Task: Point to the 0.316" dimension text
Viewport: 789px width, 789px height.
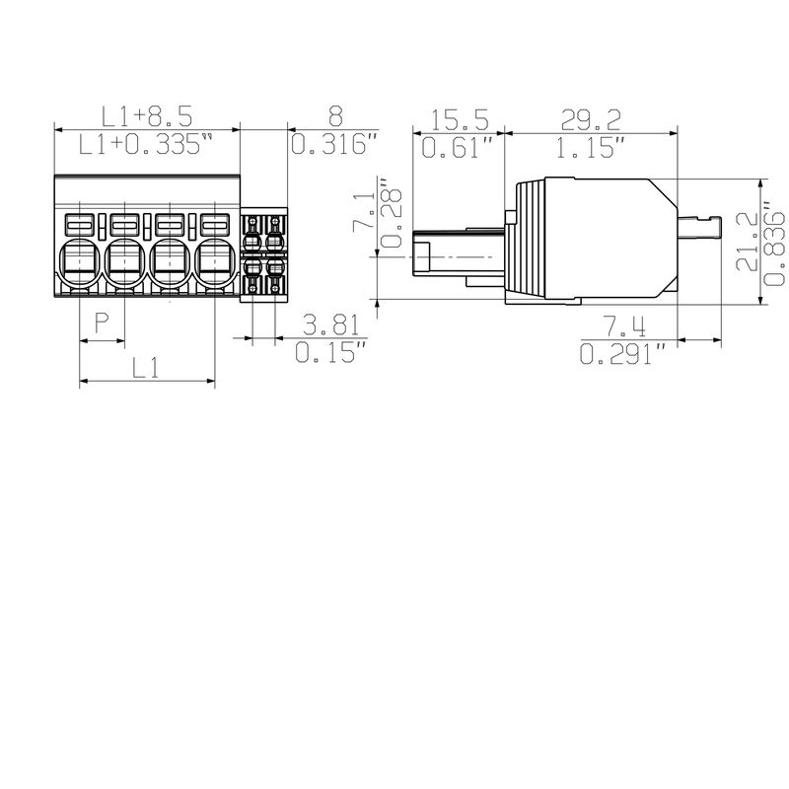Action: click(334, 146)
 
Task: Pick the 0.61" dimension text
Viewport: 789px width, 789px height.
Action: click(458, 149)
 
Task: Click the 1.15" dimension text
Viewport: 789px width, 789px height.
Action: click(591, 149)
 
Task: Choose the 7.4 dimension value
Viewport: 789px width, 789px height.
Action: click(622, 326)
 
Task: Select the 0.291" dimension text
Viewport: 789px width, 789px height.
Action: click(622, 355)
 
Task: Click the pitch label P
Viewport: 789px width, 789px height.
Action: click(102, 323)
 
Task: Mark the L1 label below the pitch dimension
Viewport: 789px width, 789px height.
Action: click(146, 369)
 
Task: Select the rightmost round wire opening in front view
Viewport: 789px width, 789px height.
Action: click(217, 262)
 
